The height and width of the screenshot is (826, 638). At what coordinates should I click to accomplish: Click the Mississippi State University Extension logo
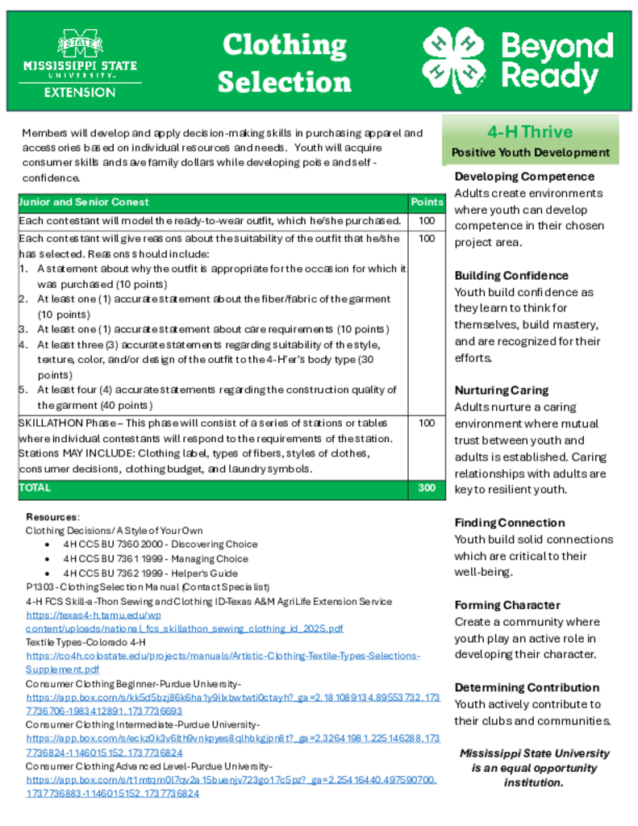[80, 64]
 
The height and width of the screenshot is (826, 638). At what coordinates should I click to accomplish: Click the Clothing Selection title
[284, 63]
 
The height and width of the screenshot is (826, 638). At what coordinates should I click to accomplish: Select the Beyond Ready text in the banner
[557, 62]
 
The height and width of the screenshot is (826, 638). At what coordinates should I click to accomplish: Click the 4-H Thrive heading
[530, 132]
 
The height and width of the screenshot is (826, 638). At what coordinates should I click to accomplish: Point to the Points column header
[427, 202]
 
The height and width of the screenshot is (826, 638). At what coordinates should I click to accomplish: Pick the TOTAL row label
[35, 488]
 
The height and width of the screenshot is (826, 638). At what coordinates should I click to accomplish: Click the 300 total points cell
[427, 488]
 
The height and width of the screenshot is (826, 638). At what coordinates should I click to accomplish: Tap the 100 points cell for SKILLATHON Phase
[427, 423]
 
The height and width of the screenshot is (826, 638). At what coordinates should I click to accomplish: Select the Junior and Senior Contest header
[85, 202]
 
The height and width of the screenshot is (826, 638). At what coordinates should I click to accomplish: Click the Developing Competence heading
[524, 177]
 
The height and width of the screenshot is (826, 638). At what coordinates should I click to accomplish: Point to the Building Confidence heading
[511, 276]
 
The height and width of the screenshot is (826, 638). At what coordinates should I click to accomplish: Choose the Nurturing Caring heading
[501, 390]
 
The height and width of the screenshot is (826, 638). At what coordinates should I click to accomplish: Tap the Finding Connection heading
[510, 523]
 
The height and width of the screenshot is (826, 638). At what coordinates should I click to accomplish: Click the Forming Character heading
[507, 605]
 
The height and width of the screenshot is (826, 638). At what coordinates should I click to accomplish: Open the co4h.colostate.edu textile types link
[223, 657]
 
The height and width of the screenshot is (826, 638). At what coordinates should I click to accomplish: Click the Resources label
[52, 516]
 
